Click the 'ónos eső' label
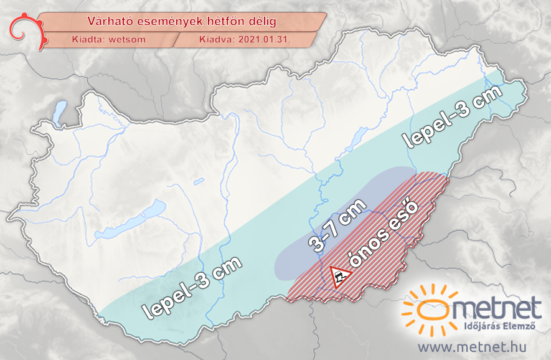pos(384,234)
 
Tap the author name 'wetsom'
pos(128,39)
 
